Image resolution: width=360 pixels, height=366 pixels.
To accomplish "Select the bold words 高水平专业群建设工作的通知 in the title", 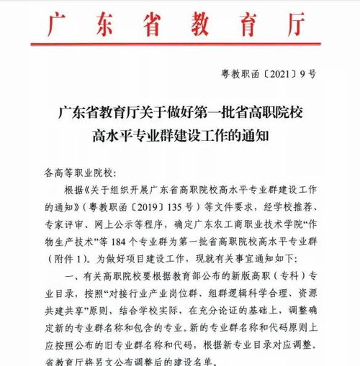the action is (x=180, y=134).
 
